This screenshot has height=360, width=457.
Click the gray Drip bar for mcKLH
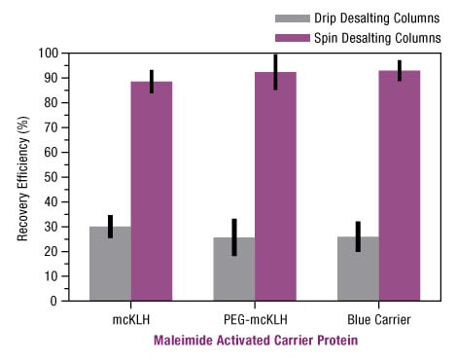[x=110, y=264]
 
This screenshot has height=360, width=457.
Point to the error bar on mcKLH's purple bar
[x=152, y=82]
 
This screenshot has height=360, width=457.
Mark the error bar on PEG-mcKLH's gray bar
[x=234, y=237]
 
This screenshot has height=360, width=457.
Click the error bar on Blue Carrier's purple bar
[x=400, y=71]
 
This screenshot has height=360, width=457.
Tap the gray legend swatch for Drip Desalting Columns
[x=291, y=18]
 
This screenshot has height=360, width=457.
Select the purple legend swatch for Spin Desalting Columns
[x=291, y=38]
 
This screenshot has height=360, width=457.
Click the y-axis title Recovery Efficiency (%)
[x=21, y=176]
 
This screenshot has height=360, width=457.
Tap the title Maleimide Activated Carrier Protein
[x=256, y=341]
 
